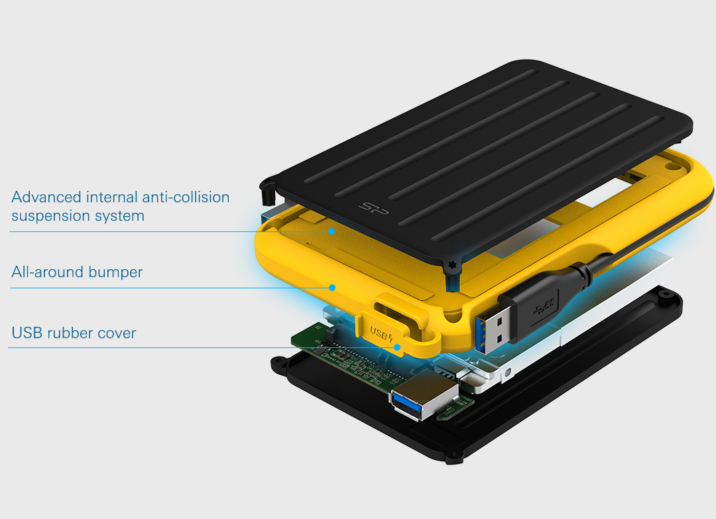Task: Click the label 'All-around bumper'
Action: tap(77, 272)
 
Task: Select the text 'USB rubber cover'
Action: tap(74, 333)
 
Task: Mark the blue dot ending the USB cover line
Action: tap(397, 347)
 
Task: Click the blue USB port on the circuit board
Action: tap(414, 402)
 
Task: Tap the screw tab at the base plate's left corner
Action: tap(278, 363)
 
